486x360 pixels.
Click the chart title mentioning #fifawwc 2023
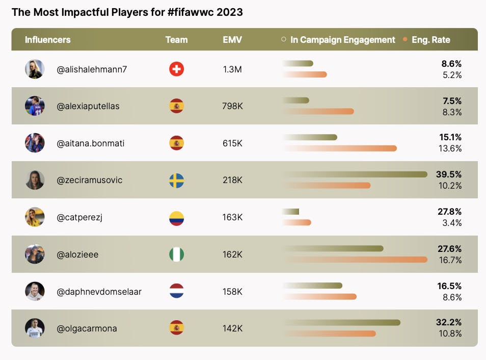click(127, 12)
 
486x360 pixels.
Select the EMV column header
click(232, 40)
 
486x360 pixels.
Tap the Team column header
click(176, 40)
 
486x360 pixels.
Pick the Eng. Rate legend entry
click(430, 40)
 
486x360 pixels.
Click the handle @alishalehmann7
click(92, 69)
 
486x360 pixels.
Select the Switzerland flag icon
click(176, 69)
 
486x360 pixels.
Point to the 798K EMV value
click(232, 106)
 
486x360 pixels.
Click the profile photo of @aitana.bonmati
click(35, 143)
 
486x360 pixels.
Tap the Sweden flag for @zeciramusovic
click(176, 181)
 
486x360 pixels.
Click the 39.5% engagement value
click(448, 174)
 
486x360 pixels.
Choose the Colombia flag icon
click(176, 218)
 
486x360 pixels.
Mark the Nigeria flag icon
click(176, 254)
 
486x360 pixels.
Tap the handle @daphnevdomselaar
click(99, 292)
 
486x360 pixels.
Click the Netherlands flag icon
click(176, 292)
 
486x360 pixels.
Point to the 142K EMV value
click(232, 328)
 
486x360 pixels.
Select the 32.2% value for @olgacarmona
click(449, 322)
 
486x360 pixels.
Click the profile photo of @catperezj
click(35, 217)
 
